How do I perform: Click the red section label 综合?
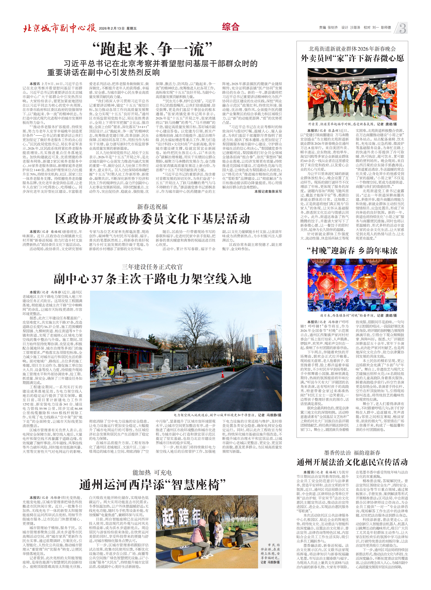231,27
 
